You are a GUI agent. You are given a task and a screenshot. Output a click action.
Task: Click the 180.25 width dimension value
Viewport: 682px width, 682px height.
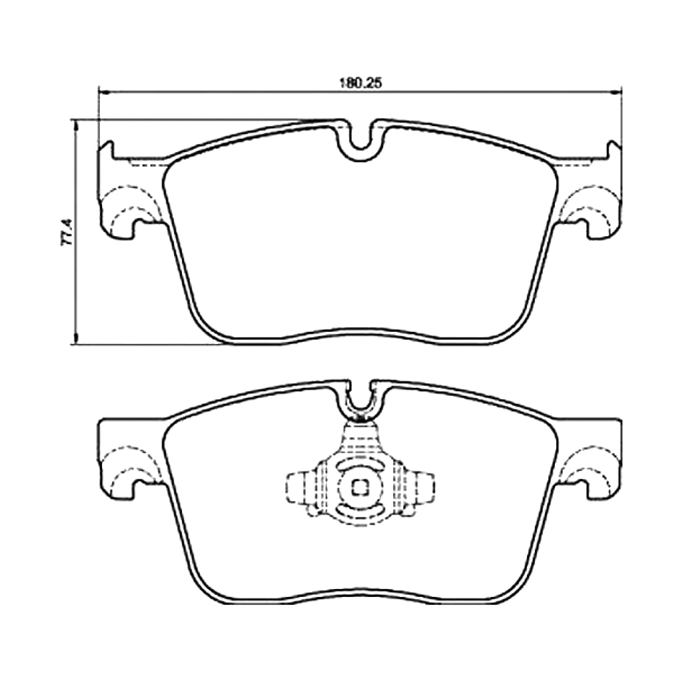(x=361, y=84)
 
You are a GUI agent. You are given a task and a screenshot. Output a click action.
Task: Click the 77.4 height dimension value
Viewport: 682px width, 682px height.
(x=66, y=232)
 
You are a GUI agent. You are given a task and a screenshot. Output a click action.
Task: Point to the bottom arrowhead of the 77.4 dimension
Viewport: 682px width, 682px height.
(x=74, y=339)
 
